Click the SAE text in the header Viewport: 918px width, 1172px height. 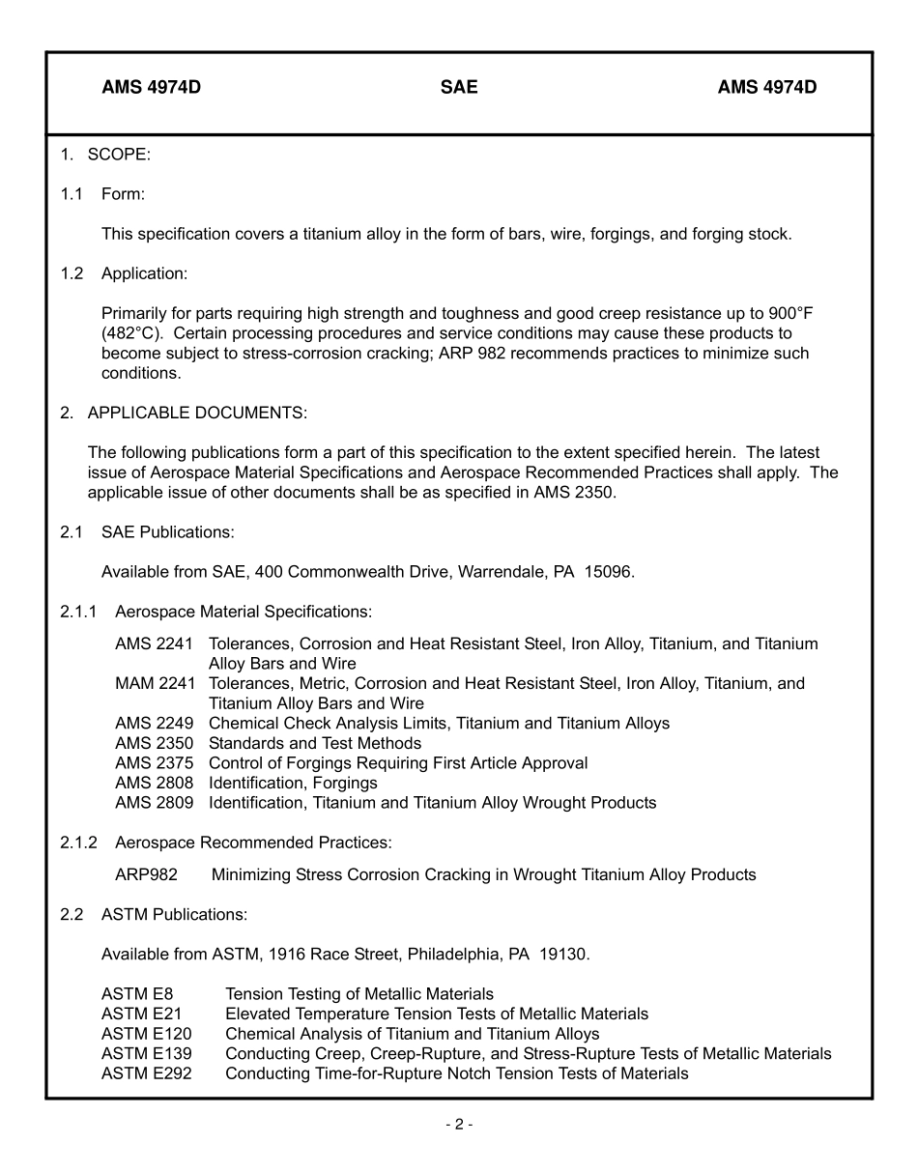click(459, 88)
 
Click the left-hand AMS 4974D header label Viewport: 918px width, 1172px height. click(151, 88)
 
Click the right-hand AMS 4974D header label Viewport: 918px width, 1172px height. click(766, 88)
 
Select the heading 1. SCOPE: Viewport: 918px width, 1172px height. click(105, 155)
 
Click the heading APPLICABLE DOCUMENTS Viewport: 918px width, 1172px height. click(197, 414)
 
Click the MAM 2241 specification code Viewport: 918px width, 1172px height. click(155, 684)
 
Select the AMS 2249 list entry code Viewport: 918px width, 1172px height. click(154, 724)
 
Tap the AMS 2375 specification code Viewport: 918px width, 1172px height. click(154, 763)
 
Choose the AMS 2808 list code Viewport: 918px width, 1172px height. click(154, 784)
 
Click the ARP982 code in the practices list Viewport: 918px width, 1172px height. click(146, 875)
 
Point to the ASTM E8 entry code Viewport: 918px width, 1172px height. click(136, 994)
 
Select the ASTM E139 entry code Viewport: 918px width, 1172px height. click(146, 1054)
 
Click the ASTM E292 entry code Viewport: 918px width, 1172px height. click(146, 1074)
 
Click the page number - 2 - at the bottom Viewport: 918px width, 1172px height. click(459, 1125)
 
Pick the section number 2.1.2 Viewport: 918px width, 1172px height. click(78, 843)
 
